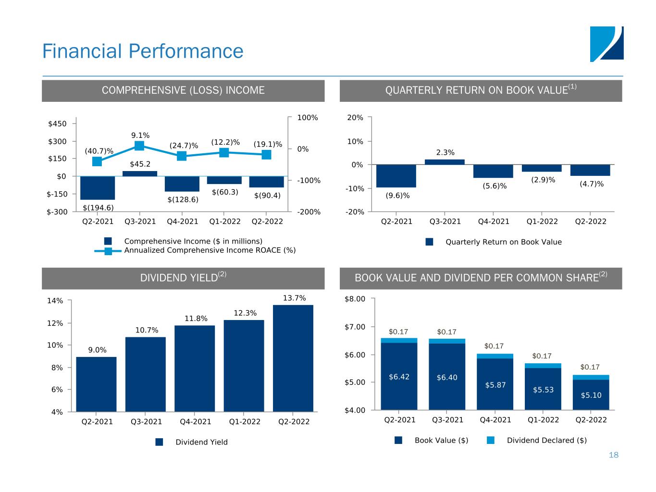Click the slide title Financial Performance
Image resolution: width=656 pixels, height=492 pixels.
143,51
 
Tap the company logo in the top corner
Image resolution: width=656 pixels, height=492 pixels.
606,44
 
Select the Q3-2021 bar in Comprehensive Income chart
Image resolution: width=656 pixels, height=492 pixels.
140,173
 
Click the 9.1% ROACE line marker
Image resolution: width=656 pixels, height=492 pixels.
139,146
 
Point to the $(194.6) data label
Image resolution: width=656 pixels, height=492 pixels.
99,208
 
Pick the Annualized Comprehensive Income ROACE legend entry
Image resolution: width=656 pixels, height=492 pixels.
210,250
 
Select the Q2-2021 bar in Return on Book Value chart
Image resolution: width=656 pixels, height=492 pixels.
396,176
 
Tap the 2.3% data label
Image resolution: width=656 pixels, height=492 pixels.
445,153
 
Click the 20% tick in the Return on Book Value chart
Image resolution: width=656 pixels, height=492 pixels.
356,117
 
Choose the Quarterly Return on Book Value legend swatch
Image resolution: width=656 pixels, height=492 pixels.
430,242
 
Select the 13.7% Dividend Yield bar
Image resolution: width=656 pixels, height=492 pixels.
293,358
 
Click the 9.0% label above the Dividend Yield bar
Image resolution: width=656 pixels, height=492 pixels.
97,350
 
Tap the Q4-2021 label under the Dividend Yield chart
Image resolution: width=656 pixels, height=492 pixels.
195,422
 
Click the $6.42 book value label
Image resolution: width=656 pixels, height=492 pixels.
399,377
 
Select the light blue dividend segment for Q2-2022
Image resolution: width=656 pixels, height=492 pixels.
591,377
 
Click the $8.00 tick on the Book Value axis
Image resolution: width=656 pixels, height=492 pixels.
355,299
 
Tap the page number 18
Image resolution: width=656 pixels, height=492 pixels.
613,455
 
